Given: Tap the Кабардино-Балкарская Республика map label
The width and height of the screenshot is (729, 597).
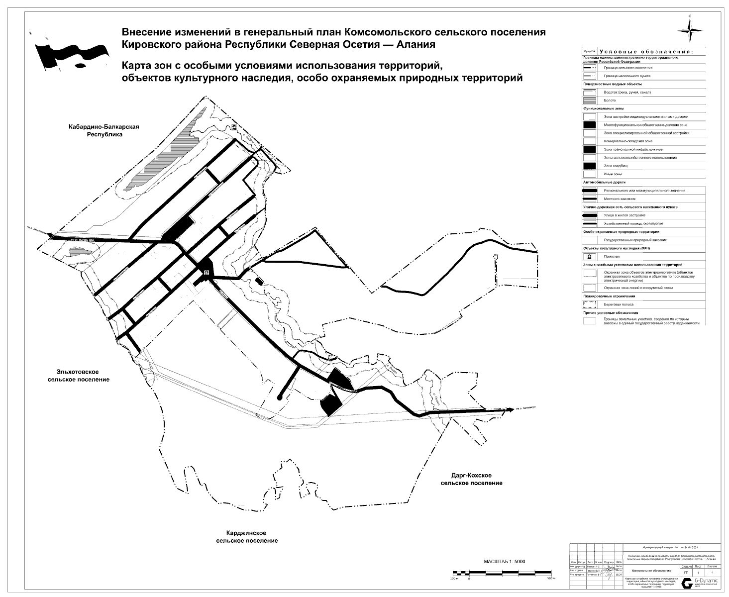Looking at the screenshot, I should pos(104,130).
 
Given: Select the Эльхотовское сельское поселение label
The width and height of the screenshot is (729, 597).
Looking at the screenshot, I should pos(79,376).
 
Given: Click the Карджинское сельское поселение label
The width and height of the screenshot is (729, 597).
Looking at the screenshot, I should pos(247,537).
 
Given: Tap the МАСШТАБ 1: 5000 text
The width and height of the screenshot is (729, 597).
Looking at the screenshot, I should pos(504,562).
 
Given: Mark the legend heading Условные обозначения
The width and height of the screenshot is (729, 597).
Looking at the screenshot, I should pos(645,52).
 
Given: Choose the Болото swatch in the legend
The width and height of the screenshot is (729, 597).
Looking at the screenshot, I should pos(590,100).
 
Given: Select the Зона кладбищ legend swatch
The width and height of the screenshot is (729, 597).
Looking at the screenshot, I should pos(590,166).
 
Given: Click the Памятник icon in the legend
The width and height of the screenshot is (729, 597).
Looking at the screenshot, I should pos(590,257).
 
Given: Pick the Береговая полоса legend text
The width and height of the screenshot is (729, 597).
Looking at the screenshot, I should pos(619,304).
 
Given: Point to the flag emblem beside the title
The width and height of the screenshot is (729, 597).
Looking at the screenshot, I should pos(72,53).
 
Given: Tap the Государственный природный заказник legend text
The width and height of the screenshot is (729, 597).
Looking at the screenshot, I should pos(635,240).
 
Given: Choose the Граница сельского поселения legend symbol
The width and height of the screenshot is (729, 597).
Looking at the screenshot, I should pos(590,68).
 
